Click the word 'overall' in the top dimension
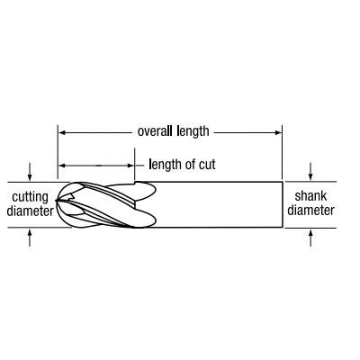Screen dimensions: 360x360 155,131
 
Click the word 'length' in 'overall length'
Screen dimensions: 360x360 193,132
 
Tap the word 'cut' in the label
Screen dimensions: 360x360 206,165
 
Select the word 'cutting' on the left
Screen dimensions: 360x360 30,198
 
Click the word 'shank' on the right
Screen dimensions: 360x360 310,196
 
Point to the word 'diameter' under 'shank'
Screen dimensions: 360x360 310,210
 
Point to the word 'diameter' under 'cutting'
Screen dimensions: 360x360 30,211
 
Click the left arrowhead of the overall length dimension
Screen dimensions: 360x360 61,132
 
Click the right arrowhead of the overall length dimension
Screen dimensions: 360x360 278,132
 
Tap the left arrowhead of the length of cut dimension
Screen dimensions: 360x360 61,166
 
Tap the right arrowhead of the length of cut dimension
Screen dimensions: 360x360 130,166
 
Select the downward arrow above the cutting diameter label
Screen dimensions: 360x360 30,172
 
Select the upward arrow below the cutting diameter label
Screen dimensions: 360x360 30,238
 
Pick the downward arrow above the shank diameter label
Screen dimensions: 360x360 310,172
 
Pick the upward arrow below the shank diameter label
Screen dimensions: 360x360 310,238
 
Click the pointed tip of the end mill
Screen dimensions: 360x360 56,200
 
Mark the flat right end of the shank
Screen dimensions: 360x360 283,204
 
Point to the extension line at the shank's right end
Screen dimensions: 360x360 283,152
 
